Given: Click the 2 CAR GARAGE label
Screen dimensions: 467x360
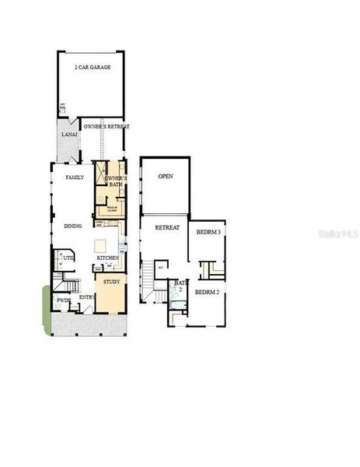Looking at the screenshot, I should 93,68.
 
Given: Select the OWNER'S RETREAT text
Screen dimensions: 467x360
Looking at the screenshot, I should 107,126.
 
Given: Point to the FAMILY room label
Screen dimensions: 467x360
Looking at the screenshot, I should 75,177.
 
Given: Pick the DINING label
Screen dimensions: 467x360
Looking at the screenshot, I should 74,226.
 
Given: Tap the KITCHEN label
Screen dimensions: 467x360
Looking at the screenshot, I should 107,258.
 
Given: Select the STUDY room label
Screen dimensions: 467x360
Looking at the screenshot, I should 112,281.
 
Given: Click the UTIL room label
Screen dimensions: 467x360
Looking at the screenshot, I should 68,257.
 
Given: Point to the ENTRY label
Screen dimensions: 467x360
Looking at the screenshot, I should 86,297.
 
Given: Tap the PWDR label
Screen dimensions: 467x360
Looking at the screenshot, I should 64,300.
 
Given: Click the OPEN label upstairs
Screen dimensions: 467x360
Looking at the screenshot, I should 165,177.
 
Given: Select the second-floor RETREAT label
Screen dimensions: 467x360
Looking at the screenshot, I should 166,228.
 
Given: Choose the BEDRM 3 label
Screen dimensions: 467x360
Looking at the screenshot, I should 208,232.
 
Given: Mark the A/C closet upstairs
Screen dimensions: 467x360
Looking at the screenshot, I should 161,266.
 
